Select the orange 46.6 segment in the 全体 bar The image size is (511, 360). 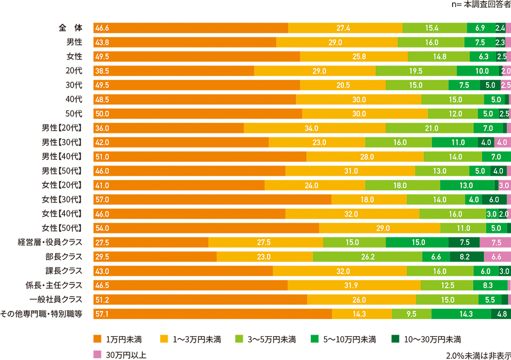[x=190, y=28]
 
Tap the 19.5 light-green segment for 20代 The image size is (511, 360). [x=416, y=71]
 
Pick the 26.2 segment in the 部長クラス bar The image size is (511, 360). [x=368, y=256]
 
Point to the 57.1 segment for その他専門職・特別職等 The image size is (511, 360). [x=213, y=314]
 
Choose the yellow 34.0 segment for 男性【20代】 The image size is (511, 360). [x=315, y=128]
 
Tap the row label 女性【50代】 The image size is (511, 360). [x=62, y=228]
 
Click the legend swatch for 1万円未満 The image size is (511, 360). [x=97, y=339]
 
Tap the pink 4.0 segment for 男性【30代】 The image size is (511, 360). [x=501, y=142]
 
